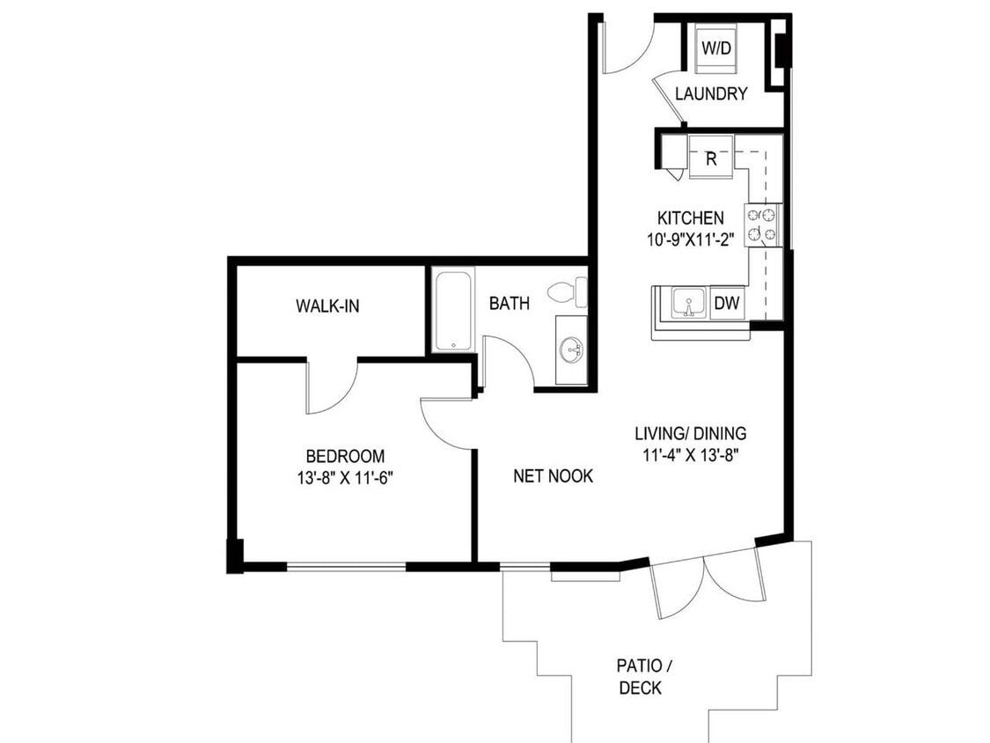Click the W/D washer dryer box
[716, 49]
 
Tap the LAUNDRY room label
[711, 94]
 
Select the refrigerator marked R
[711, 159]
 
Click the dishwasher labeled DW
[726, 304]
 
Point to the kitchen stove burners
[762, 224]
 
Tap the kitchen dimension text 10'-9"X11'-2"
[691, 238]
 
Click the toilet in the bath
[568, 290]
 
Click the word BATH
[510, 304]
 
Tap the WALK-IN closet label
[327, 306]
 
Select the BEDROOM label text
[345, 456]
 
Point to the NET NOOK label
[553, 476]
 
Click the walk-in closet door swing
[331, 387]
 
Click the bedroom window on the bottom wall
[346, 566]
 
